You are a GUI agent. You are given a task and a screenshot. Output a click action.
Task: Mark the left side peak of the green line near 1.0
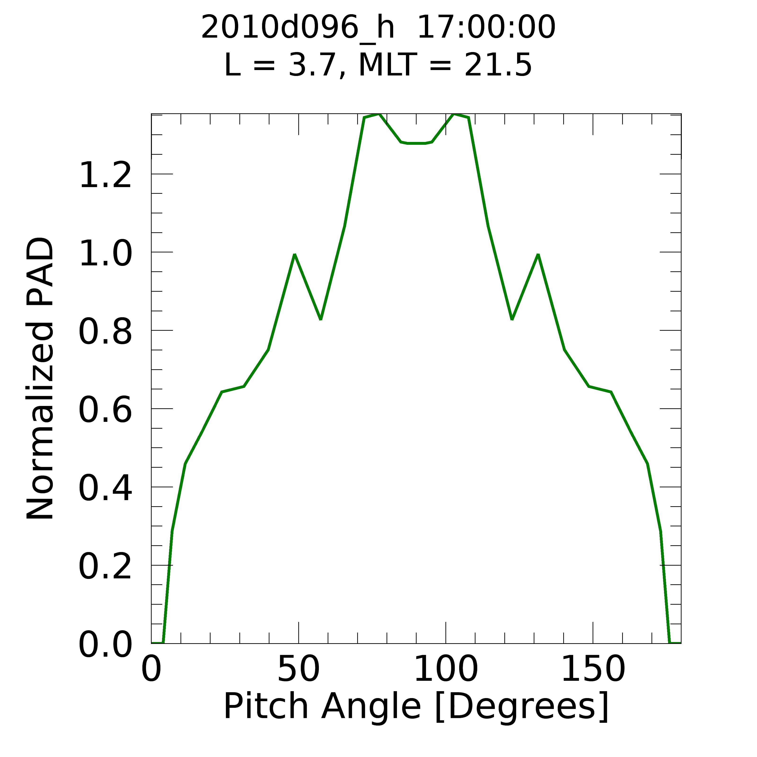pyautogui.click(x=295, y=255)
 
